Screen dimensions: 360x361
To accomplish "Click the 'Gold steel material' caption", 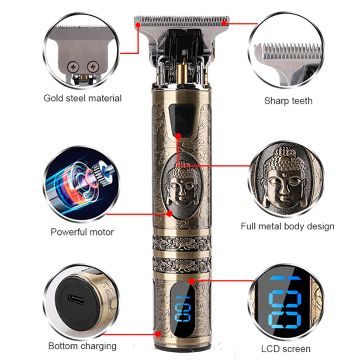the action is point(83,98).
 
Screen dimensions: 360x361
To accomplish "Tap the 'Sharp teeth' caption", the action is point(288,101).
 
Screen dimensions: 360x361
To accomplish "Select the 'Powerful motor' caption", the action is point(82,232).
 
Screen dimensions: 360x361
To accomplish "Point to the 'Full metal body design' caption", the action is point(287,226).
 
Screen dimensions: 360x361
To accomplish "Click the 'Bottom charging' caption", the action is point(83,346).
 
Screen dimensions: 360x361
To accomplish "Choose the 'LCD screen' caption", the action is point(286,349).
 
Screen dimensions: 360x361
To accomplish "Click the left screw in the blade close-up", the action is point(73,67).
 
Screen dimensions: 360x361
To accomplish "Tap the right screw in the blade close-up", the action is point(93,66).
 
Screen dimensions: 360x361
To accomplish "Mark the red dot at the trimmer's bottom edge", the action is point(158,334).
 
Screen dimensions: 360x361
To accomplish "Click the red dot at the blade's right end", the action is point(224,23).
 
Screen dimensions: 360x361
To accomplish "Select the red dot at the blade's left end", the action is point(138,25).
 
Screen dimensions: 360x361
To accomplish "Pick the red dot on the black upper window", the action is point(178,136).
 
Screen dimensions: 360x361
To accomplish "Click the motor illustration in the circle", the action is point(81,184).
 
